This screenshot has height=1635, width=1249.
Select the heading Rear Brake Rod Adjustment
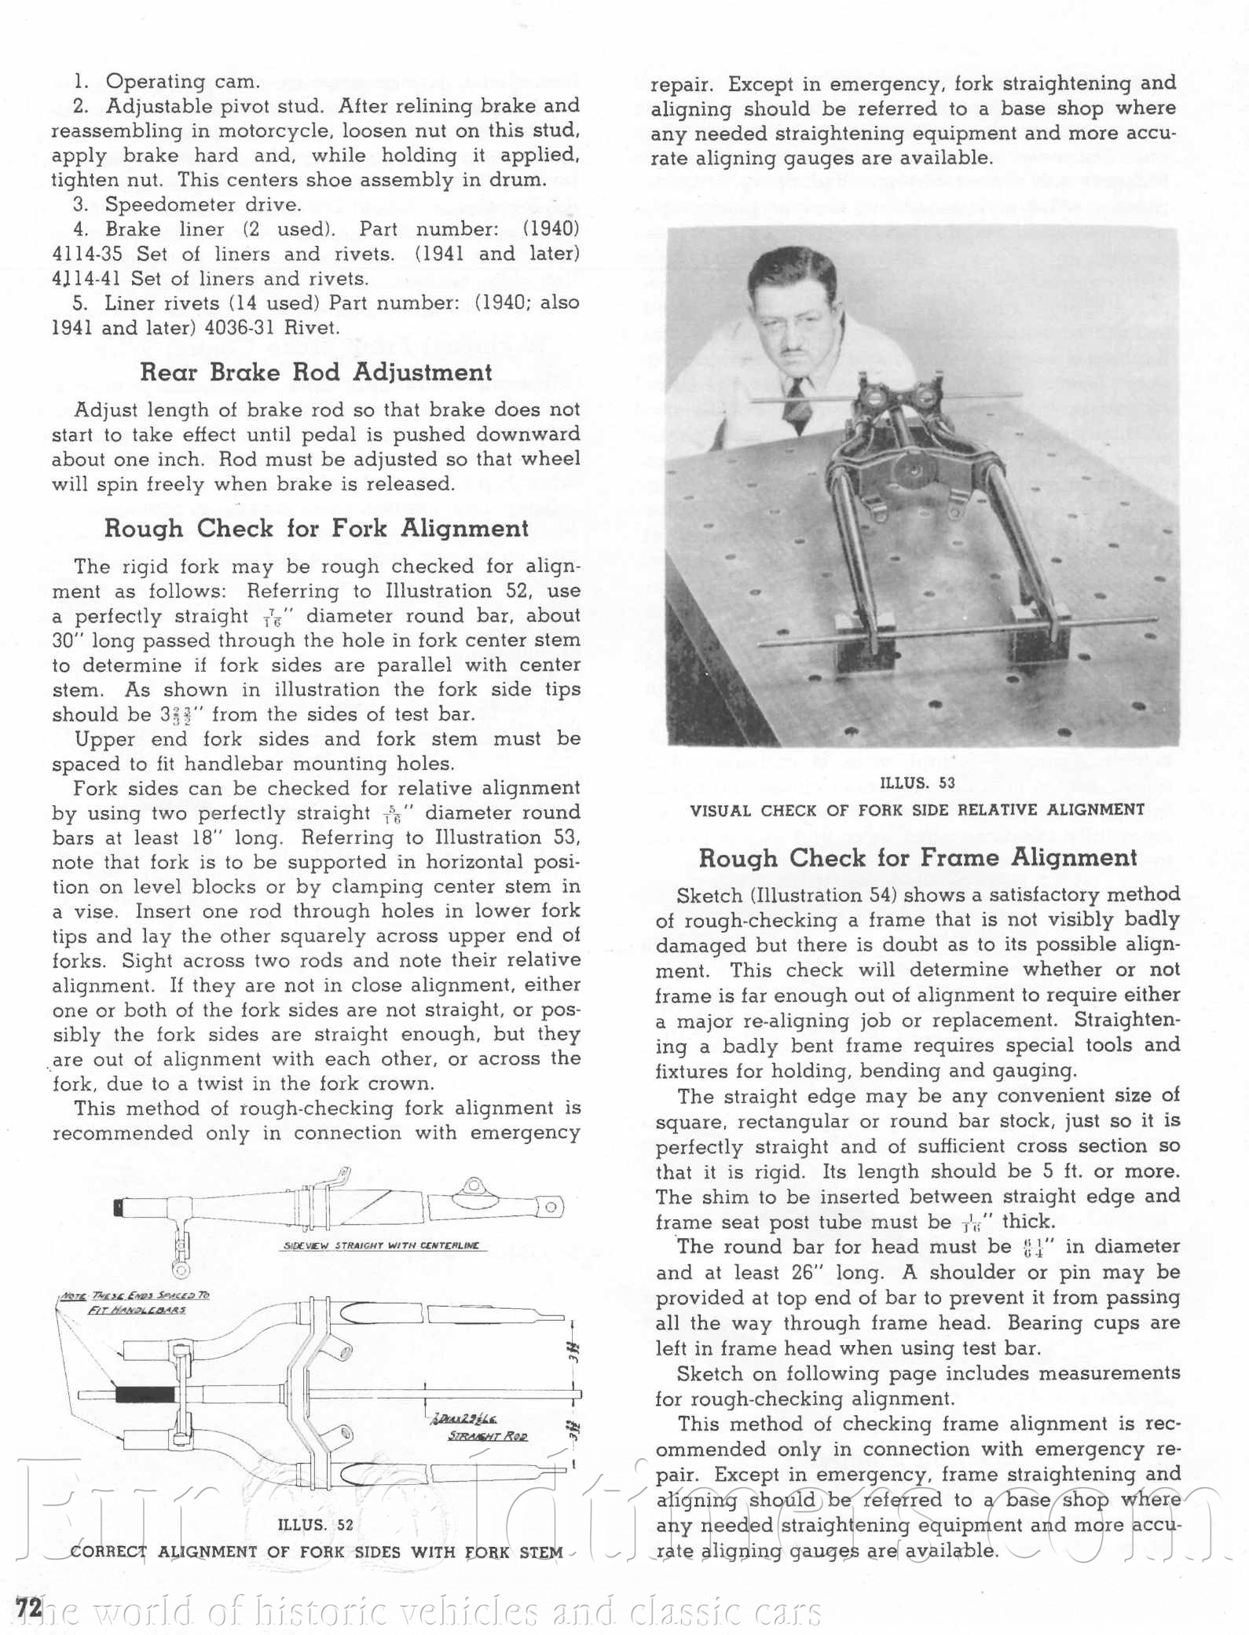coord(316,372)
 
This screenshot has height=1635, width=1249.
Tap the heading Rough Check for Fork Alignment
coord(316,529)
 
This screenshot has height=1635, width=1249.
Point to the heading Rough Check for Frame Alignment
coord(918,858)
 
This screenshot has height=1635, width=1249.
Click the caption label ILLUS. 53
coord(918,783)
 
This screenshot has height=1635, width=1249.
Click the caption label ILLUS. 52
coord(316,1525)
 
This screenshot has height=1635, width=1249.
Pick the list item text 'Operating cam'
coord(182,82)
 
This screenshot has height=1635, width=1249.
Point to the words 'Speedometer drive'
coord(203,205)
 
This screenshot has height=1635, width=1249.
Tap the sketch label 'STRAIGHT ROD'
coord(487,1436)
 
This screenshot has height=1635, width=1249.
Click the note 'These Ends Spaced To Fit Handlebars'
coord(135,1303)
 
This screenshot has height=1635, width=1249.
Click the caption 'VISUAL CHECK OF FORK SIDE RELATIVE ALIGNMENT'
coord(918,810)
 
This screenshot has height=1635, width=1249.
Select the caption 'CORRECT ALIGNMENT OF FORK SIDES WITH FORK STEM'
coord(316,1553)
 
